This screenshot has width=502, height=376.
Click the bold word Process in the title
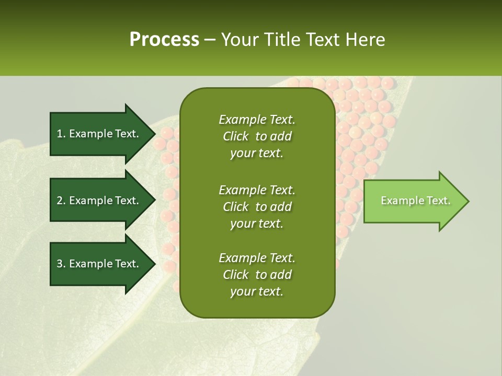click(x=164, y=40)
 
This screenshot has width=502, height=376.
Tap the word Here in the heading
click(x=364, y=40)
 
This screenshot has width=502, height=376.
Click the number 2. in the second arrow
click(x=61, y=201)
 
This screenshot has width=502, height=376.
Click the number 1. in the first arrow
click(x=61, y=134)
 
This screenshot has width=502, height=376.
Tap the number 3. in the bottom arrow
click(x=61, y=264)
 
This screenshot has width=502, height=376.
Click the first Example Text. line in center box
click(x=257, y=120)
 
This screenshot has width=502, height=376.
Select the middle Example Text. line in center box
click(x=257, y=190)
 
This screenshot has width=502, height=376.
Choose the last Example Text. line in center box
click(x=257, y=258)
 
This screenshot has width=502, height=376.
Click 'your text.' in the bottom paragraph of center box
click(x=257, y=292)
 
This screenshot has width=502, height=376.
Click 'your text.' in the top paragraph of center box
click(x=257, y=154)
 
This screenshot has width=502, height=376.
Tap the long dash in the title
click(x=210, y=40)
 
